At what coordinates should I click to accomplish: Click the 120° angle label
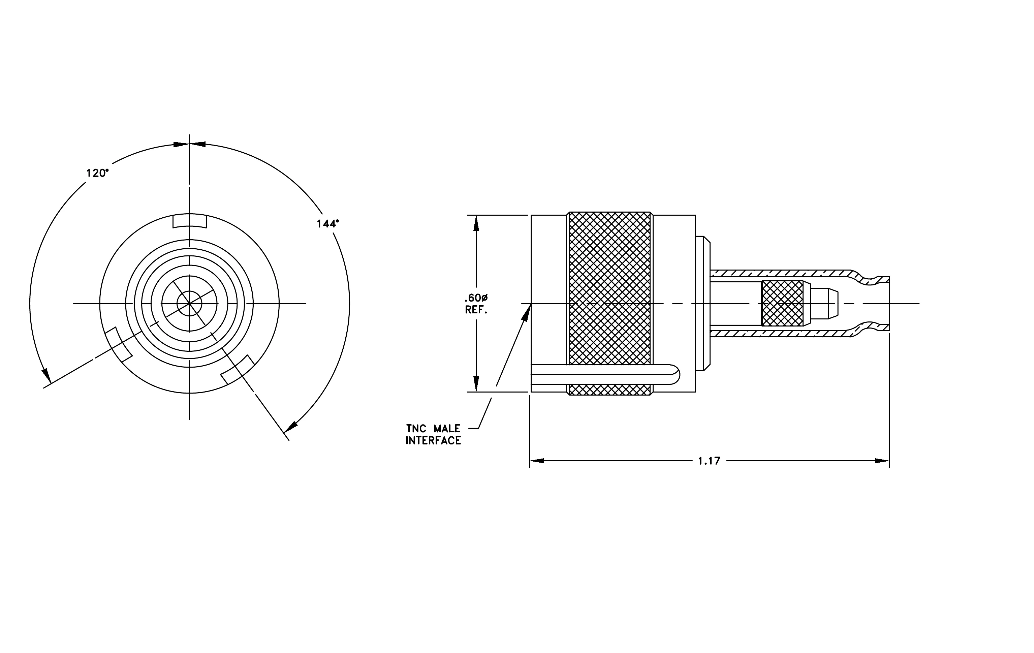pos(97,173)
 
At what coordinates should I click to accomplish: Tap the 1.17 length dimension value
pos(709,461)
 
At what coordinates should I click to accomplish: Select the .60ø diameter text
pos(476,298)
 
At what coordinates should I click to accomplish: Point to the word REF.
pos(476,310)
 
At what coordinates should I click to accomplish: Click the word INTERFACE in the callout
pos(433,440)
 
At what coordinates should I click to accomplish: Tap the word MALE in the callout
pos(447,429)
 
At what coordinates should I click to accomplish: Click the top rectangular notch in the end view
pos(189,221)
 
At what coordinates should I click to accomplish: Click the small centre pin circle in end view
pos(189,303)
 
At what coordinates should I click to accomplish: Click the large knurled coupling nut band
pos(609,303)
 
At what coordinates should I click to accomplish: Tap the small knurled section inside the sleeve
pos(782,303)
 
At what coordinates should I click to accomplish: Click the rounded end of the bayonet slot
pos(676,374)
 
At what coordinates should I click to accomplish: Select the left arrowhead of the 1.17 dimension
pos(537,461)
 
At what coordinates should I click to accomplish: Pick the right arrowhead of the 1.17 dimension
pos(882,461)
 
